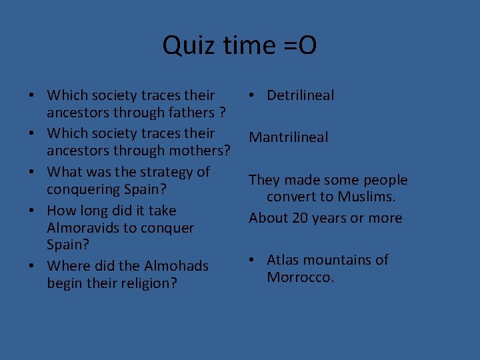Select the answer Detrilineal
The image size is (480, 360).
300,95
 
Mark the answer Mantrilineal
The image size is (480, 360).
288,137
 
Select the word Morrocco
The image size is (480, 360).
300,277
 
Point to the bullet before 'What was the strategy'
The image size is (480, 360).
32,172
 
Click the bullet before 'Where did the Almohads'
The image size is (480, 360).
32,266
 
